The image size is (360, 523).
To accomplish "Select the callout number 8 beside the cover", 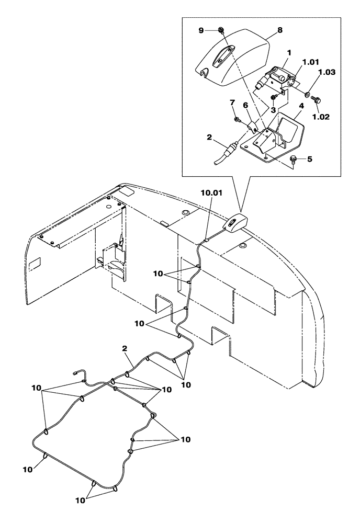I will point(279,30).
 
